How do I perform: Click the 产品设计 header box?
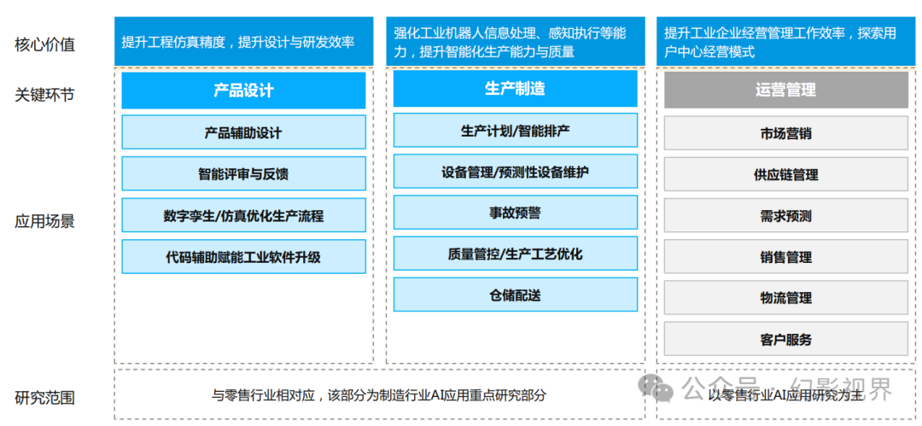coord(243,90)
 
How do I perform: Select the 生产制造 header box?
coord(515,88)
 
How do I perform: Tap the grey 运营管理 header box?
coord(786,90)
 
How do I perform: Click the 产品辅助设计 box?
coord(243,131)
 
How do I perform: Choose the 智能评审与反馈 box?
coord(243,173)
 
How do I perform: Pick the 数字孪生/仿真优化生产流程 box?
coord(243,215)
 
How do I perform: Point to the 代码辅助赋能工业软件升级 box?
coord(243,257)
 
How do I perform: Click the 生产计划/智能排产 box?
coord(515,130)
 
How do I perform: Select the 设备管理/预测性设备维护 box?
coord(515,172)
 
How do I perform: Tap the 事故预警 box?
coord(515,213)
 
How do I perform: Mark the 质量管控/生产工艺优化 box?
coord(515,254)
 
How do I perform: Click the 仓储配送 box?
coord(515,295)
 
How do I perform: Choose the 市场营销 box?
coord(786,133)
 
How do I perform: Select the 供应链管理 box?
coord(786,175)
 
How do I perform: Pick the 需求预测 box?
coord(786,216)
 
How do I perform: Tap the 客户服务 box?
coord(786,339)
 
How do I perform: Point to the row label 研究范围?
coord(44,398)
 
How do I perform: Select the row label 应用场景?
coord(44,222)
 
